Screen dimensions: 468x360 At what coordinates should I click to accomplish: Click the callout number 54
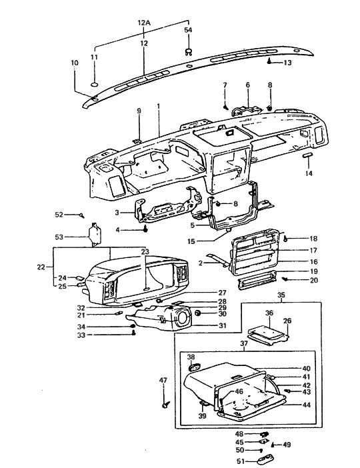point(189,31)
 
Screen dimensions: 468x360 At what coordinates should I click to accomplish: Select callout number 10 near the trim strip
point(74,63)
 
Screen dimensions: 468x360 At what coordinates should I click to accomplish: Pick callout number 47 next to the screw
point(162,381)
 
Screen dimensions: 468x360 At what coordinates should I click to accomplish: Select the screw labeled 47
point(164,403)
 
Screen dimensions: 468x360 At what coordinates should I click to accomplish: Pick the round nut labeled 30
point(199,313)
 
